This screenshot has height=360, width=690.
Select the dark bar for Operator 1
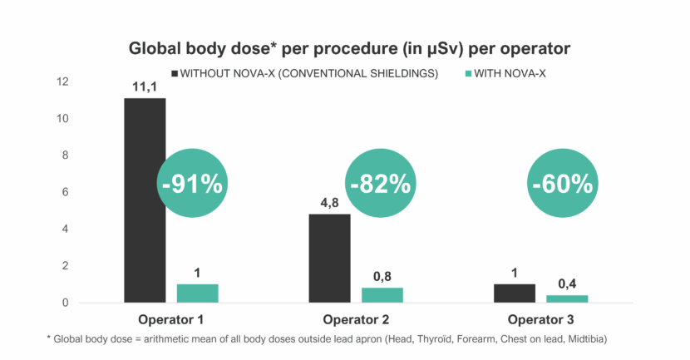(x=145, y=200)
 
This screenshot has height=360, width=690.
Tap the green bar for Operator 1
(x=197, y=293)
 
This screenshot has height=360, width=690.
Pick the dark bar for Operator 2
(x=329, y=258)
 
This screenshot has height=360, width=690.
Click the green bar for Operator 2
(x=382, y=294)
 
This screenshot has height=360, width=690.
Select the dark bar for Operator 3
(x=514, y=293)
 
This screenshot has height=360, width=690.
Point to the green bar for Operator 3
(x=566, y=298)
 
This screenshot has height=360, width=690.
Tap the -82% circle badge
(x=381, y=184)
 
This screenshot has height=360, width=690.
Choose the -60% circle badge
(x=562, y=184)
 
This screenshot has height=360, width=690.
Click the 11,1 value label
(x=145, y=86)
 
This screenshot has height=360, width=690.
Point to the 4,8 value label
(x=329, y=202)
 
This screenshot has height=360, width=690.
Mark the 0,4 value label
(x=566, y=284)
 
